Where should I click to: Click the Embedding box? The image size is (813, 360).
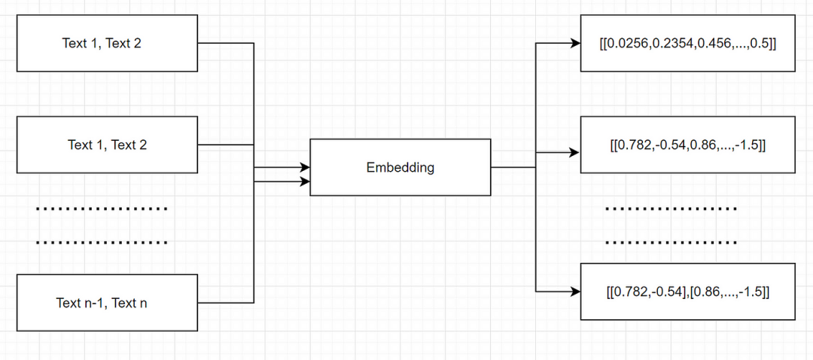(400, 167)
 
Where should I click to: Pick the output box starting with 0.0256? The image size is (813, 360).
(687, 43)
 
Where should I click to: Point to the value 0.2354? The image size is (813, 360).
(672, 44)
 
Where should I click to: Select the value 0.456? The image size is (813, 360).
(711, 44)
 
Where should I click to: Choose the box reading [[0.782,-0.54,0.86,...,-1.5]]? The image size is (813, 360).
(687, 145)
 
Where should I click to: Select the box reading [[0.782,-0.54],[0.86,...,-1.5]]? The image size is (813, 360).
(687, 291)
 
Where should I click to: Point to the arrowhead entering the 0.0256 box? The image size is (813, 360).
(575, 44)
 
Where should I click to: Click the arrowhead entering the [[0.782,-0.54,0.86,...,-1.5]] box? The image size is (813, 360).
(575, 152)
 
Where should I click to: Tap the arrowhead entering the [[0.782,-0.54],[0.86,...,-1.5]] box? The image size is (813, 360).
(575, 291)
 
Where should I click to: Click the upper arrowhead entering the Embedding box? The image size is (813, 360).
(305, 166)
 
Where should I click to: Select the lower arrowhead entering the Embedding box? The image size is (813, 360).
(305, 182)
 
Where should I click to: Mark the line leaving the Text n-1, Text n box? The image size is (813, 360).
(226, 303)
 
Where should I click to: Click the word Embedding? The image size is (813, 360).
(400, 167)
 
